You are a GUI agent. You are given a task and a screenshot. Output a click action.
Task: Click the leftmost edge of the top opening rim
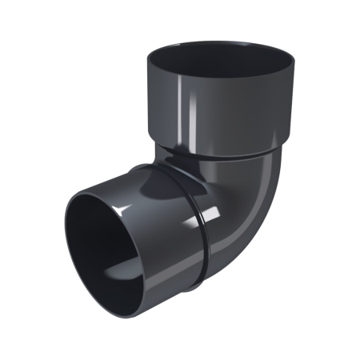pyautogui.click(x=149, y=58)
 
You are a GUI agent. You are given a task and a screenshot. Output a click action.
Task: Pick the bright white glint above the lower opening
pyautogui.click(x=128, y=210)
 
